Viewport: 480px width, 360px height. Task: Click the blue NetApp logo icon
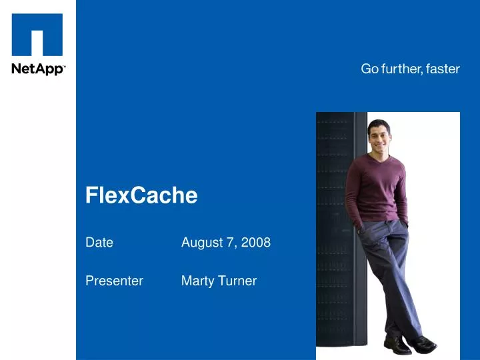[37, 35]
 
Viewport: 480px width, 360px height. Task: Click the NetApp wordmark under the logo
[37, 69]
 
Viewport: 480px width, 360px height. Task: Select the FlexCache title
[141, 195]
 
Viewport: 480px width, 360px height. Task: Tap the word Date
[99, 243]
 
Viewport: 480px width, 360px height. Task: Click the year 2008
[256, 243]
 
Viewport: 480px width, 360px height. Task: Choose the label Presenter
[114, 281]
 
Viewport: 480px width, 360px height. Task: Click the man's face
[378, 139]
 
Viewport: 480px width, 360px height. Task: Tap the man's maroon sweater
[377, 190]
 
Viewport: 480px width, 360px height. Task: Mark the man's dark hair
[378, 125]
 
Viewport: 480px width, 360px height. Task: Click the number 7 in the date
[230, 243]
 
